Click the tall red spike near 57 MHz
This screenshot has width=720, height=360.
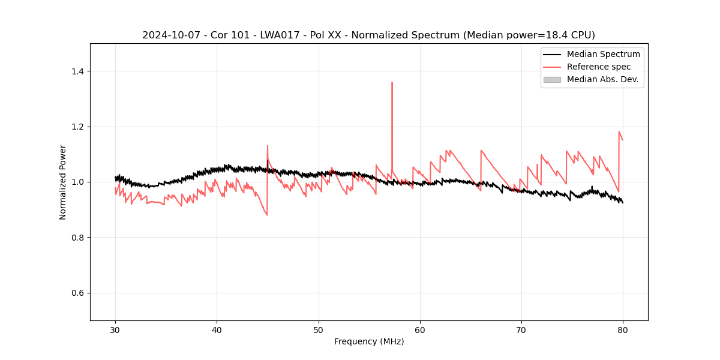pyautogui.click(x=392, y=83)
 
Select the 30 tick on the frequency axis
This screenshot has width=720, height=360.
pyautogui.click(x=116, y=330)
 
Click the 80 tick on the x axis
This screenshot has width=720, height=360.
pyautogui.click(x=623, y=330)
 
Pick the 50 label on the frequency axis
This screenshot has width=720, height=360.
pyautogui.click(x=319, y=330)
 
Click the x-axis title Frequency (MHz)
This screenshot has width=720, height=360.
pyautogui.click(x=369, y=342)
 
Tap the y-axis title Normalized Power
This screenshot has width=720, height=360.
pyautogui.click(x=63, y=182)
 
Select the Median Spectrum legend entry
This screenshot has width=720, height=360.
pyautogui.click(x=603, y=54)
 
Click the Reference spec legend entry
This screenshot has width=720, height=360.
pyautogui.click(x=598, y=67)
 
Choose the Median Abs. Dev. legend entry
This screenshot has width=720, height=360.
pyautogui.click(x=602, y=79)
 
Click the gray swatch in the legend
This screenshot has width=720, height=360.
pyautogui.click(x=552, y=79)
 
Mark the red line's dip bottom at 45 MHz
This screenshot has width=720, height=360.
pyautogui.click(x=267, y=215)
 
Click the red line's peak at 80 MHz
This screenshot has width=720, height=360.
pyautogui.click(x=619, y=132)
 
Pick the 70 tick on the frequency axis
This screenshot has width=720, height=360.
pyautogui.click(x=521, y=330)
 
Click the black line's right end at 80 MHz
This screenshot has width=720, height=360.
pyautogui.click(x=623, y=203)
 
